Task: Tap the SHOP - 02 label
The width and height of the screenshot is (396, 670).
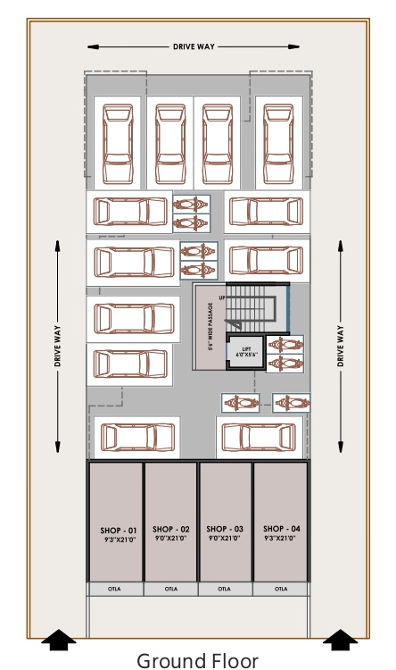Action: [170, 530]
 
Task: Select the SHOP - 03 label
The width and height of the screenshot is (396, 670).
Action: [225, 529]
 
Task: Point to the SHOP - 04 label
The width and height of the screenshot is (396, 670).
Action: [281, 529]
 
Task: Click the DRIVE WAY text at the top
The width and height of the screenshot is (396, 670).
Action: [194, 45]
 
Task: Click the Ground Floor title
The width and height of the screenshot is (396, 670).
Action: [197, 660]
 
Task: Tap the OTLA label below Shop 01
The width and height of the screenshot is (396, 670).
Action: [113, 589]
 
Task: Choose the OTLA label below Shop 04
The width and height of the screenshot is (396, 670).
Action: [281, 589]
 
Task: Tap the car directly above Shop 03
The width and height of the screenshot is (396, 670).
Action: [257, 438]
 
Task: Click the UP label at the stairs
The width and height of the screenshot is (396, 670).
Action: [222, 297]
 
